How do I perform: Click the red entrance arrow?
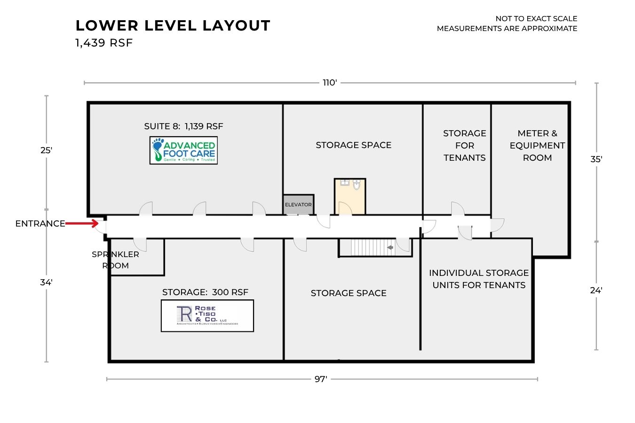tap(82, 224)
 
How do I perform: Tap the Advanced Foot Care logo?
tap(184, 150)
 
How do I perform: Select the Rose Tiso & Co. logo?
tap(207, 316)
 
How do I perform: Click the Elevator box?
tap(298, 204)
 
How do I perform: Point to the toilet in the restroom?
tap(357, 185)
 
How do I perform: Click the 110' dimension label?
tap(330, 83)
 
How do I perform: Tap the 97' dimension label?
tap(321, 379)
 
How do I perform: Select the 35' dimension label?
tap(596, 159)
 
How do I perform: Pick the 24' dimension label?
tap(596, 290)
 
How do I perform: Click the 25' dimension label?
tap(46, 150)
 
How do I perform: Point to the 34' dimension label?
tap(46, 282)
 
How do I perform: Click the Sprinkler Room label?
tap(115, 260)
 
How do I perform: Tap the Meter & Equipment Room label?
tap(537, 145)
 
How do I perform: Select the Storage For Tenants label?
tap(465, 145)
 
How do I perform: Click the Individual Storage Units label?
tap(479, 279)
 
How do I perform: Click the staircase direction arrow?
tap(390, 247)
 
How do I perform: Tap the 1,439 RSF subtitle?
tap(104, 43)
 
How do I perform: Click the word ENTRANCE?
tap(40, 224)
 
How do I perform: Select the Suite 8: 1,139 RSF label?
tap(183, 126)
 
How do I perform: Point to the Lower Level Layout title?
tap(173, 25)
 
